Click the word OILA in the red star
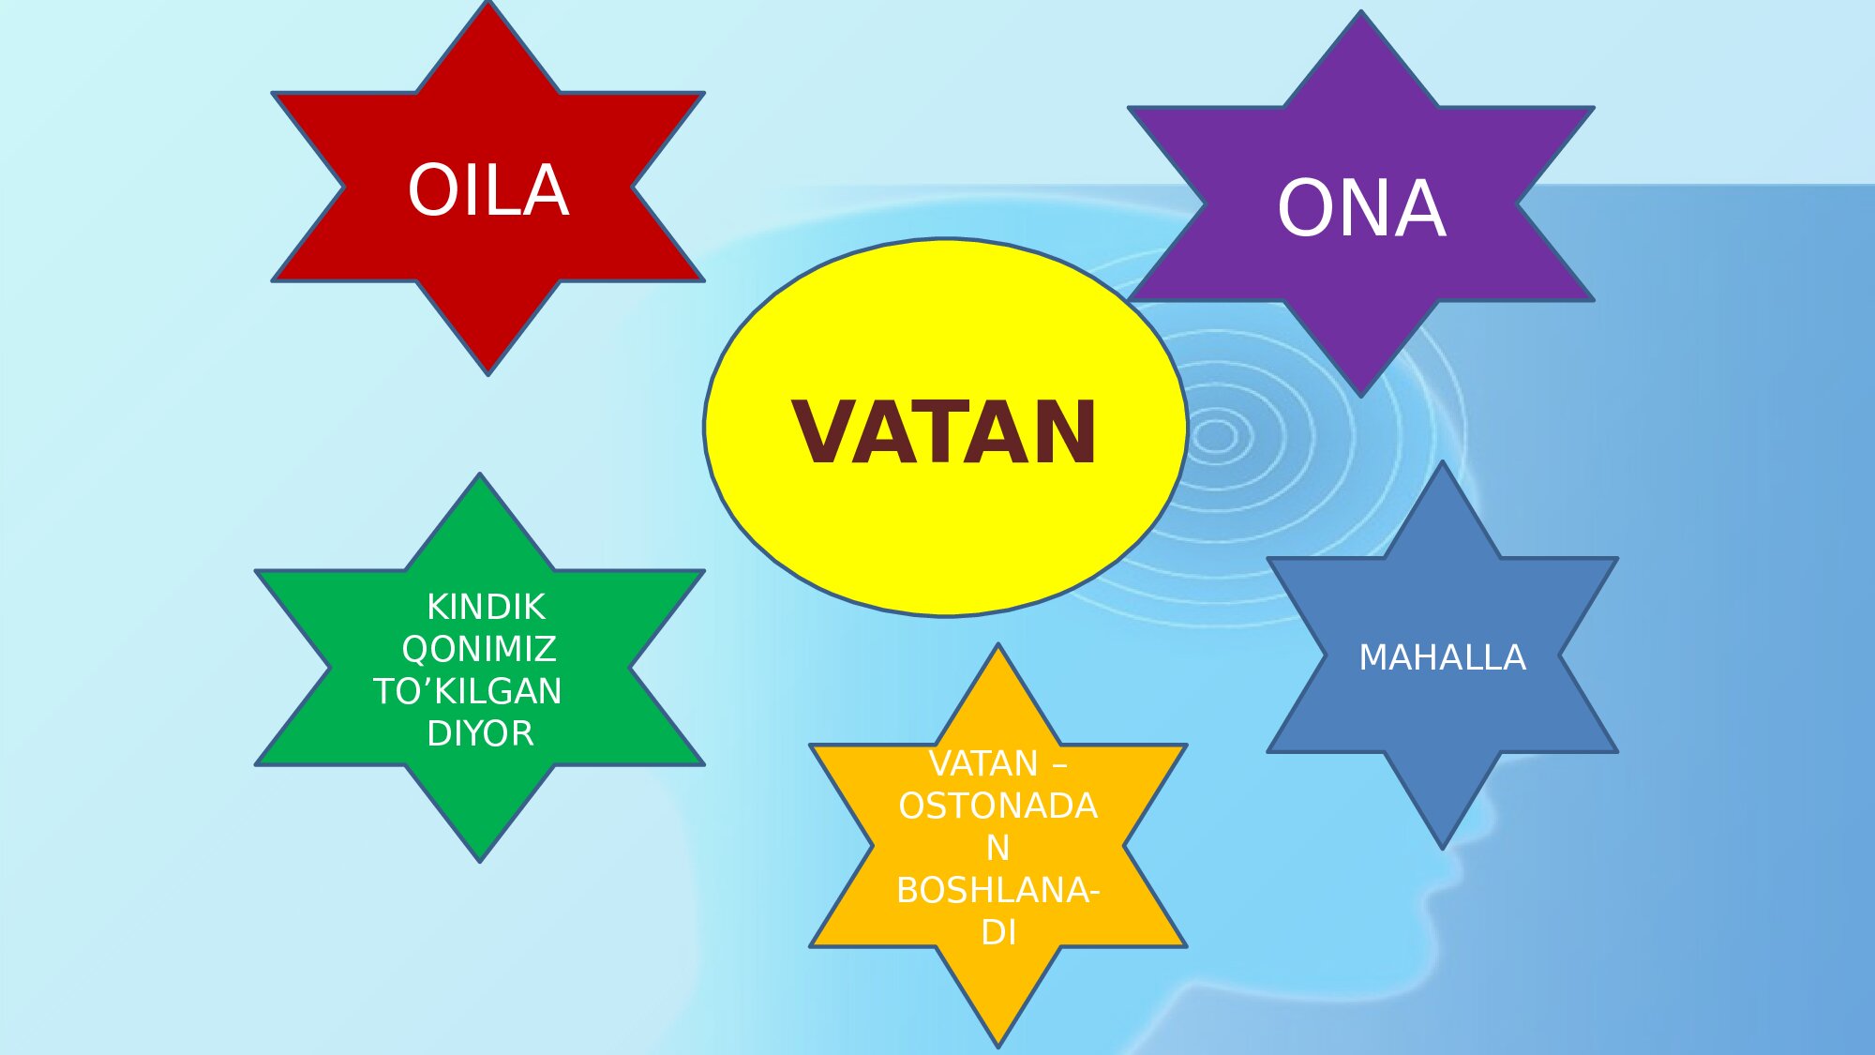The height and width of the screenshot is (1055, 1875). click(x=488, y=190)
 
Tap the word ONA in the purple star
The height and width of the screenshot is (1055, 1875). click(x=1361, y=208)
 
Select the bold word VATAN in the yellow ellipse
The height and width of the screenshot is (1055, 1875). click(x=944, y=432)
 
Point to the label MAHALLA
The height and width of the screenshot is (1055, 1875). click(x=1442, y=657)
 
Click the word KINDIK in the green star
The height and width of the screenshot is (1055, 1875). click(x=486, y=607)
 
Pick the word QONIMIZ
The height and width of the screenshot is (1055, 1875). click(x=479, y=649)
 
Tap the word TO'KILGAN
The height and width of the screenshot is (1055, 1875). click(x=468, y=691)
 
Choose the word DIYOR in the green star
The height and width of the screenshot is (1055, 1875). click(x=480, y=733)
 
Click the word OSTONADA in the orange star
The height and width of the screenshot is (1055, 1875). click(x=997, y=806)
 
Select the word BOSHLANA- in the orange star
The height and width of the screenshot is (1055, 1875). click(x=997, y=890)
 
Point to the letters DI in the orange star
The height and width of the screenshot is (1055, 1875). click(x=998, y=932)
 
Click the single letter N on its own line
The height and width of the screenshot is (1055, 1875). click(x=997, y=848)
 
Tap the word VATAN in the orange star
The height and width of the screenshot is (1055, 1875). click(x=982, y=764)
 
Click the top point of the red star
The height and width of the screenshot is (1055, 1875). click(x=488, y=5)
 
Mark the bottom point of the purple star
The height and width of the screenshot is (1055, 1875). click(x=1361, y=394)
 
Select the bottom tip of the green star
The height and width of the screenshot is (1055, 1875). click(x=480, y=859)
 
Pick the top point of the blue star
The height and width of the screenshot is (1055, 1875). click(x=1443, y=464)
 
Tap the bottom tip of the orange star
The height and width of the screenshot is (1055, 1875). click(x=999, y=1045)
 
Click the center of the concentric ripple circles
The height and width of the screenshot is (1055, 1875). click(x=1216, y=436)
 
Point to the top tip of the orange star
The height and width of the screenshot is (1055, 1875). click(x=998, y=647)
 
